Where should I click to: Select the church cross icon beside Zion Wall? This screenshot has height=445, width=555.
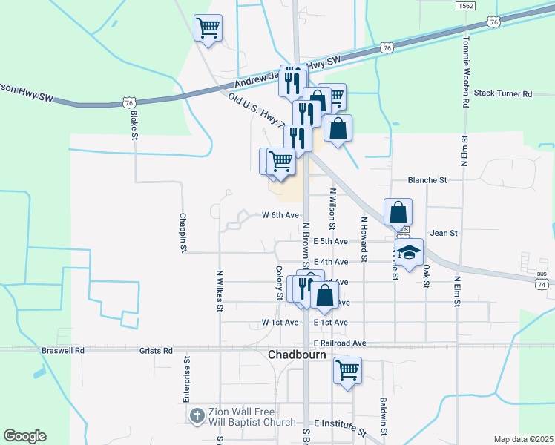(197, 415)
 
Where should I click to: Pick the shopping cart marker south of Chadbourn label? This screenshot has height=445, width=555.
(347, 370)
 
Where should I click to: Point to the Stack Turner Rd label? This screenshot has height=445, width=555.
(504, 94)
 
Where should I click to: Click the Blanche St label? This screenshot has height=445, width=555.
(427, 180)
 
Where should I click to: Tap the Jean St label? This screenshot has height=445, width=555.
(444, 233)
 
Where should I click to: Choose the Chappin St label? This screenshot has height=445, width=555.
(183, 234)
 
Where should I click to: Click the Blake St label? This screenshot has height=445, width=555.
(134, 125)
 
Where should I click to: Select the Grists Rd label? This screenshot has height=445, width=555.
(157, 350)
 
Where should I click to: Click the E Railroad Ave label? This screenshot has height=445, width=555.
(340, 343)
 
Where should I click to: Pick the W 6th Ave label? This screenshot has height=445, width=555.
(280, 215)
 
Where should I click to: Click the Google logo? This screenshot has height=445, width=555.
(24, 436)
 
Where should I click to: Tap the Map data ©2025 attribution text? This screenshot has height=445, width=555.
(522, 439)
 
